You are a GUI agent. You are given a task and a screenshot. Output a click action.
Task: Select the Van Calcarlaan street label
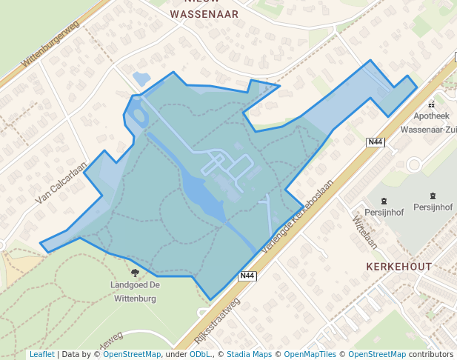click(x=62, y=184)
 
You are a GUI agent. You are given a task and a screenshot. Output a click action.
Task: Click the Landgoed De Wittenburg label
click(x=135, y=292)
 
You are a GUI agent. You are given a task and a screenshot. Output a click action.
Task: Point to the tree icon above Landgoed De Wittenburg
click(x=134, y=273)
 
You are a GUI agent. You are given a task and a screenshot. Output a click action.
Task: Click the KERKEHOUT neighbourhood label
click(x=398, y=265)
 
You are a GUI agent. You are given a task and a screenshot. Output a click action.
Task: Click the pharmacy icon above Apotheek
click(x=432, y=104)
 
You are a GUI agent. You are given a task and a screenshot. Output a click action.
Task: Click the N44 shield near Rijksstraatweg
click(x=248, y=276)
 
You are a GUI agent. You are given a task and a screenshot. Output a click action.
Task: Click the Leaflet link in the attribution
click(x=41, y=354)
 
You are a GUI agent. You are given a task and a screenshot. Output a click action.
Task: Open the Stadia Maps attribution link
click(x=253, y=354)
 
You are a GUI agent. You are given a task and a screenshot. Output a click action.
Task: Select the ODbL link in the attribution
click(x=200, y=354)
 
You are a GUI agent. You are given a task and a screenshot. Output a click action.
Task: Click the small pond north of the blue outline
click(x=140, y=79)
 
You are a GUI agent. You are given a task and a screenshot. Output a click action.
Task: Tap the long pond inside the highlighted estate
click(x=201, y=191)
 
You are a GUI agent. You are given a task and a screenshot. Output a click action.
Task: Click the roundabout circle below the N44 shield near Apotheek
click(x=413, y=164)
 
